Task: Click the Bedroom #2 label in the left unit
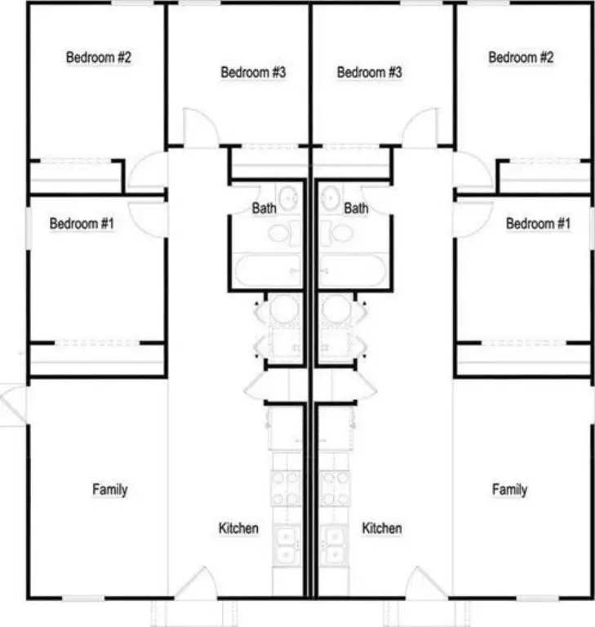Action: pos(99,57)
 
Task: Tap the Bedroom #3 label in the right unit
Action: pos(370,73)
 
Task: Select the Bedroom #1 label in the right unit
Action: pos(538,224)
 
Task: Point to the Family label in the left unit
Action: pos(110,490)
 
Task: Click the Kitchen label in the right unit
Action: pos(382,528)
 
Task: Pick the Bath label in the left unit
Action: pos(264,208)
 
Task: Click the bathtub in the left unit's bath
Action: pos(268,270)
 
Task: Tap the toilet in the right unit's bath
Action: pos(337,233)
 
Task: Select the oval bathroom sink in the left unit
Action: pos(288,198)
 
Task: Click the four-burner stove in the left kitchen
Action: pos(286,488)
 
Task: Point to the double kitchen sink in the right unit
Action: pos(335,544)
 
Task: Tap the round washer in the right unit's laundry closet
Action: pos(336,309)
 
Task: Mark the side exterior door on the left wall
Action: pos(12,404)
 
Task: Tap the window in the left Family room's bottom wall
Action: pos(83,598)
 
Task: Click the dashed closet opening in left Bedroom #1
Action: pos(97,343)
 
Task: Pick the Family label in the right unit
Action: pos(509,490)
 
